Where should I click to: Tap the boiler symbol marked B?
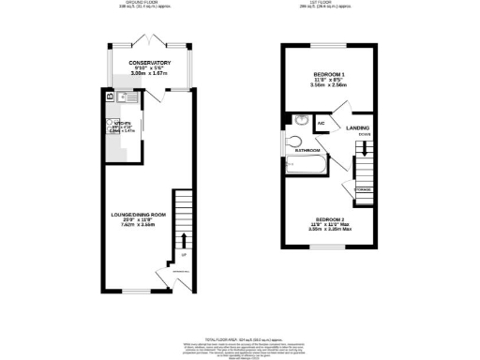pyautogui.click(x=110, y=96)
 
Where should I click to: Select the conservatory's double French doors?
pyautogui.click(x=153, y=39)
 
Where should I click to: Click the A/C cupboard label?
pyautogui.click(x=321, y=123)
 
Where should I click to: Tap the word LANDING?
pyautogui.click(x=357, y=127)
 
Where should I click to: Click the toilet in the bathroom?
pyautogui.click(x=291, y=142)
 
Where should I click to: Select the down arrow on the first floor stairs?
pyautogui.click(x=366, y=142)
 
